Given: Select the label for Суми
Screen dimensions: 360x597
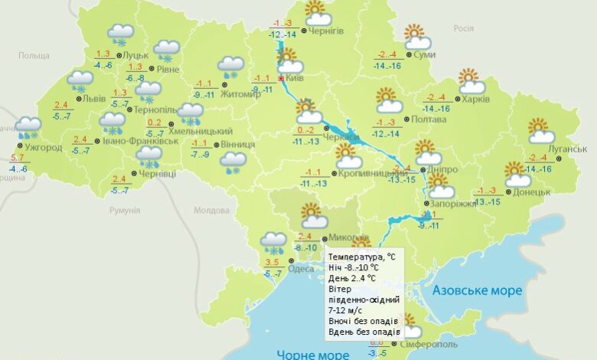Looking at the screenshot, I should point(425,55).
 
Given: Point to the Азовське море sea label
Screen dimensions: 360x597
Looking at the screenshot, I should point(477,291).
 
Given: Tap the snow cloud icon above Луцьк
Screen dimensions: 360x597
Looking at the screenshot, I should point(121,33).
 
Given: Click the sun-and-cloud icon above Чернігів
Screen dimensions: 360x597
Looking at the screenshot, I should point(317,13).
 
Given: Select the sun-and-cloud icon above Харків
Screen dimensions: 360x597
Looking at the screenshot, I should point(471,81).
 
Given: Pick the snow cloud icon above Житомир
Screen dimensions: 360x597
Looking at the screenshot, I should point(230,66).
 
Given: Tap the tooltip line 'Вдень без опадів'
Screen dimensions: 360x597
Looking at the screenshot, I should point(364,332).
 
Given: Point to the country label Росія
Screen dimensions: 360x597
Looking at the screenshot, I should point(464,28).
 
